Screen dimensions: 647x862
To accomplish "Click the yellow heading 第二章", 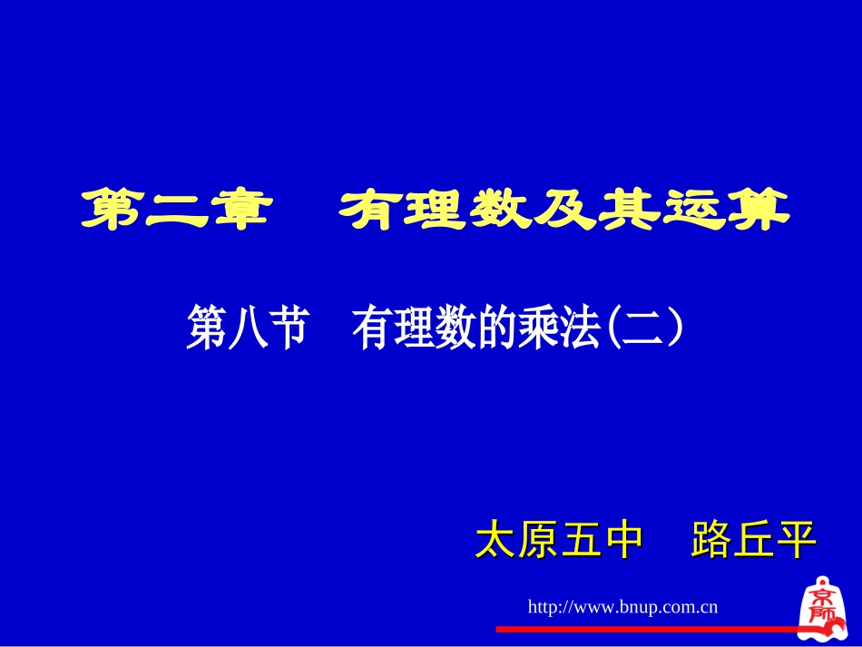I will tap(176, 210).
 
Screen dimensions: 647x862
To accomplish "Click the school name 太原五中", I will tap(559, 541).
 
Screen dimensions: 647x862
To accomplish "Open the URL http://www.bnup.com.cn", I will tap(622, 606).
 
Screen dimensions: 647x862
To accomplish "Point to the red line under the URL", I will tap(644, 628).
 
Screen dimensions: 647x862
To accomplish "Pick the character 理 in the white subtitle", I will tap(414, 328).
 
